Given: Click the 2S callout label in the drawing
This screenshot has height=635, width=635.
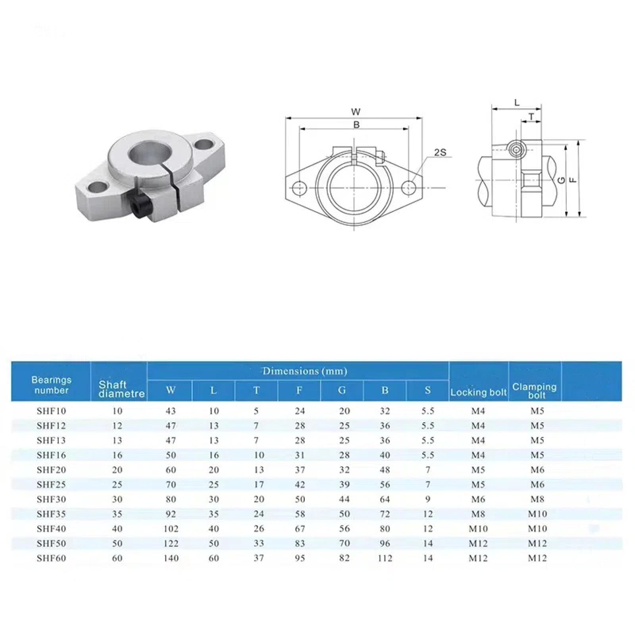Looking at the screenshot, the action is (440, 152).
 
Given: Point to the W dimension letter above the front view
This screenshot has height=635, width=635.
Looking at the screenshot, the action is (356, 112).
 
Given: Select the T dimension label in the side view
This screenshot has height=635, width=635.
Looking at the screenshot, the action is (531, 116).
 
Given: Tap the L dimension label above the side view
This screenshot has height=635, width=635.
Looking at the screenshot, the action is (517, 103).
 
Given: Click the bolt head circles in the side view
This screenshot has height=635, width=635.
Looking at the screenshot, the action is (516, 150).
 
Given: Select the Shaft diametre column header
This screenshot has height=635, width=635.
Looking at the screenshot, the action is (121, 389).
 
